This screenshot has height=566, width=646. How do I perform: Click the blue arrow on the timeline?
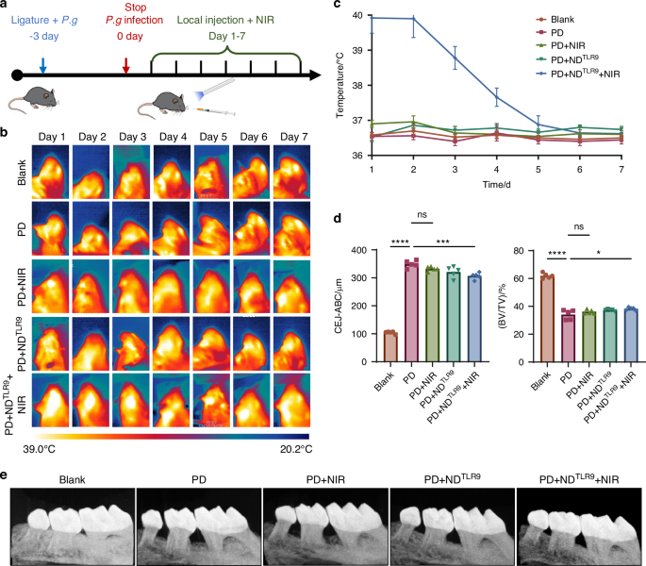42,66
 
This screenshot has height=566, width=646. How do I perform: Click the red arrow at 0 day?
126,66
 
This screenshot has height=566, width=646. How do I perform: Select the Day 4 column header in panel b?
173,137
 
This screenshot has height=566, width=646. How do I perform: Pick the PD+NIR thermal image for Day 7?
291,287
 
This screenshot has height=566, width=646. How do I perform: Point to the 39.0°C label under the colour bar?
40,449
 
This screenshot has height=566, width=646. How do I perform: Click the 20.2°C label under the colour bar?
296,449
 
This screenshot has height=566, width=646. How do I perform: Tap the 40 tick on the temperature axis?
357,15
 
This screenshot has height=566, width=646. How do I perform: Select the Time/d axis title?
496,185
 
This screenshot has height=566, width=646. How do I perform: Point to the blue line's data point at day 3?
455,58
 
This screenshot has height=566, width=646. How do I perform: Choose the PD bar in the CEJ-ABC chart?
411,313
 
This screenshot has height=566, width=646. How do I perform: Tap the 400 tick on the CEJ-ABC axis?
359,250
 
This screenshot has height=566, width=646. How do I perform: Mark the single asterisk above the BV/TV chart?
599,253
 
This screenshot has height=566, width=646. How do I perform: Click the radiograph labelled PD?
199,526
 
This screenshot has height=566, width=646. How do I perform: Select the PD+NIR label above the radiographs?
325,480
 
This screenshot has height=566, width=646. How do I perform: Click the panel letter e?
4,475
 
